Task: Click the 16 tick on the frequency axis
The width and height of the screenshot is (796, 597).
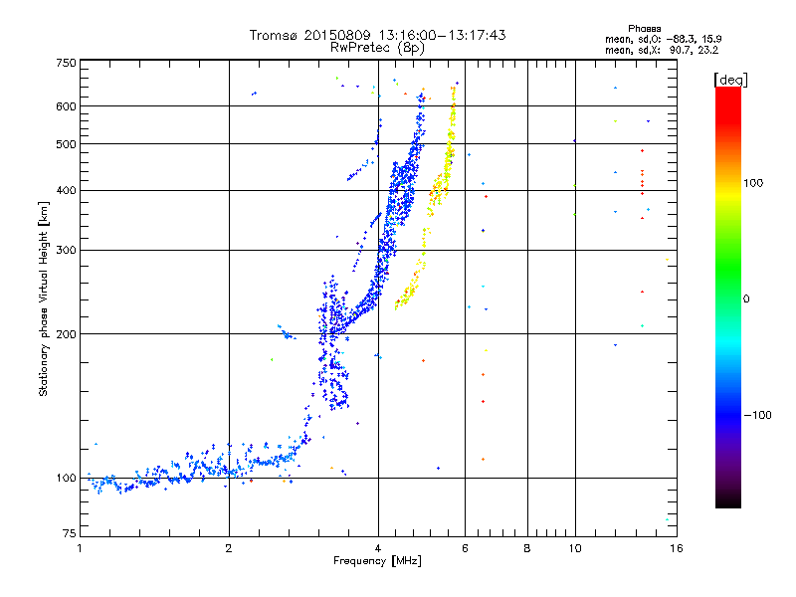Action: click(x=677, y=548)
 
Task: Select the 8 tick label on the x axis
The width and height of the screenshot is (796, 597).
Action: click(x=527, y=548)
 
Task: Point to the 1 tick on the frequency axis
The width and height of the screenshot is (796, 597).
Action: click(x=80, y=548)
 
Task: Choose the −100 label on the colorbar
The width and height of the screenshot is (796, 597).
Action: click(x=759, y=415)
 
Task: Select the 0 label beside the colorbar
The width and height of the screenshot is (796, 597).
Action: click(x=747, y=298)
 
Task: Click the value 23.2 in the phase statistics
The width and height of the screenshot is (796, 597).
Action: click(x=707, y=48)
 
